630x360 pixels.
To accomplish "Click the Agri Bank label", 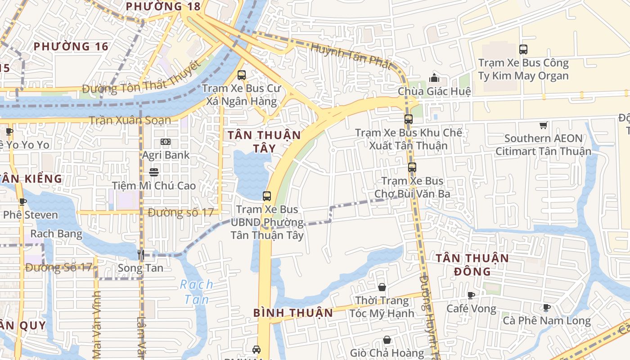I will click(x=166, y=155).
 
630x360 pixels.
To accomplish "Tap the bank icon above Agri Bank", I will click(x=166, y=142).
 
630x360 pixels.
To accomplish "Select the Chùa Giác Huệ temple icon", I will click(x=434, y=78).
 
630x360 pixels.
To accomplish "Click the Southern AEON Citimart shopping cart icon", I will click(x=543, y=125).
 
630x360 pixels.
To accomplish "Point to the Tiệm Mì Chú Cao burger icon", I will click(x=154, y=172).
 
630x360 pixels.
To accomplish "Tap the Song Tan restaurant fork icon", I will click(x=140, y=255).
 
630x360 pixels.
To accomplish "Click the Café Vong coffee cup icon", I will click(x=471, y=295).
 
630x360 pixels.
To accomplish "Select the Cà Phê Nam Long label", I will click(x=546, y=321).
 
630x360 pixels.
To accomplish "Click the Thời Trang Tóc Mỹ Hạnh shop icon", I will click(x=382, y=287).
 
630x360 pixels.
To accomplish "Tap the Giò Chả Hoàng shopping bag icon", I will click(x=387, y=340).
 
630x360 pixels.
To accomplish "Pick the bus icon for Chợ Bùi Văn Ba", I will click(x=412, y=167).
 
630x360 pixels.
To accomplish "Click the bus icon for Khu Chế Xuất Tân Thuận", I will click(x=408, y=119).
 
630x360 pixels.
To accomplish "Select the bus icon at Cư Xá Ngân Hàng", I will click(x=242, y=75).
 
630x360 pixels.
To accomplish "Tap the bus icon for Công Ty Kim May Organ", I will click(x=523, y=49).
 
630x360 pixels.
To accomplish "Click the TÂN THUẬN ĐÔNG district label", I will click(x=472, y=265).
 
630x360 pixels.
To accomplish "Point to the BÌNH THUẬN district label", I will click(x=293, y=313).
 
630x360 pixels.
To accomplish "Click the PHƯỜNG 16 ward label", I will click(x=71, y=46).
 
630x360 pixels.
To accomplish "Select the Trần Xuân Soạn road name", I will click(x=130, y=120).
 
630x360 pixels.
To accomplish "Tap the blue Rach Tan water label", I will click(x=197, y=292).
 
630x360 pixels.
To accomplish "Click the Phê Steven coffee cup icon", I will click(x=22, y=202).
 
